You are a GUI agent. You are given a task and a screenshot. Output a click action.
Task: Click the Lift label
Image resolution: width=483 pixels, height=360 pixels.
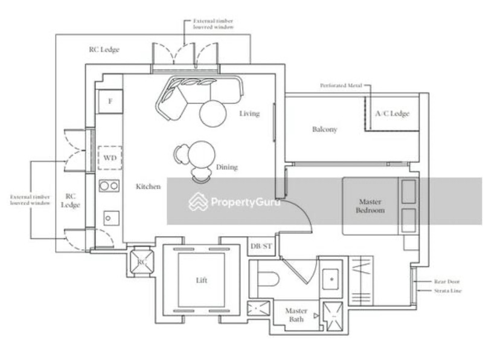point(202,281)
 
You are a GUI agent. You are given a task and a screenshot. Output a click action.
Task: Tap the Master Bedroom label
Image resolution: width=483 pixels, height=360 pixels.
point(371,206)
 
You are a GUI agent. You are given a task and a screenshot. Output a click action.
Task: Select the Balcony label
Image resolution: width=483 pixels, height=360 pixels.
point(324,129)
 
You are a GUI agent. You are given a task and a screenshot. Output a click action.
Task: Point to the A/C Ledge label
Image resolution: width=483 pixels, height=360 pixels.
point(392,113)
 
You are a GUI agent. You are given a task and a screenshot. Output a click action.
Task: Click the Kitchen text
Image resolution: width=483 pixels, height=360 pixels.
point(148,187)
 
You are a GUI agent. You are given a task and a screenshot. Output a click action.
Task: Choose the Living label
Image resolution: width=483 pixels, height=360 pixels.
point(249,114)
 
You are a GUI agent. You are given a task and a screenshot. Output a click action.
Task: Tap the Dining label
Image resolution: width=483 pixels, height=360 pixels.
point(226,167)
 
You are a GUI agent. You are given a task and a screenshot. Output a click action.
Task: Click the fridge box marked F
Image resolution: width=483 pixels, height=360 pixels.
point(110,100)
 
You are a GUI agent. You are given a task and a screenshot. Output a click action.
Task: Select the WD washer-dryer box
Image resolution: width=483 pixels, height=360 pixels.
point(109,158)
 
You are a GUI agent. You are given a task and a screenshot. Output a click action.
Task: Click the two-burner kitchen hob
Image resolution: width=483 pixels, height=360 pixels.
point(109,186)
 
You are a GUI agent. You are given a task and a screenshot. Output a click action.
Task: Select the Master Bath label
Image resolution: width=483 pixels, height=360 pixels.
point(296,315)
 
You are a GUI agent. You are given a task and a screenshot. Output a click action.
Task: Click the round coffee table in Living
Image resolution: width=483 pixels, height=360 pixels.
point(213,114)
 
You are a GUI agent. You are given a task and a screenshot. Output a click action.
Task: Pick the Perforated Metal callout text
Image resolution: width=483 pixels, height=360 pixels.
point(341,86)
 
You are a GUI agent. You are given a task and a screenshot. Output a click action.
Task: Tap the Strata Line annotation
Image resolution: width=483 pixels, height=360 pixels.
point(447,291)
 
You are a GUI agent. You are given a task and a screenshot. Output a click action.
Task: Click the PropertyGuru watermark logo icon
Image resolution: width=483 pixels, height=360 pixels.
point(198,202)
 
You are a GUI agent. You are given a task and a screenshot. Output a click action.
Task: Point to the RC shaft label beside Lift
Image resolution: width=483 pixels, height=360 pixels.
point(142,262)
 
